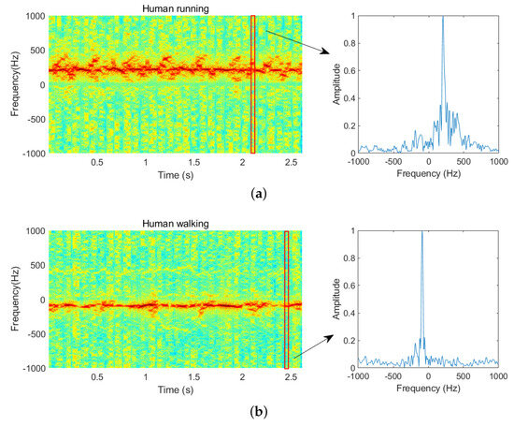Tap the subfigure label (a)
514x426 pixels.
click(256, 193)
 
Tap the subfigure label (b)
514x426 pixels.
click(256, 409)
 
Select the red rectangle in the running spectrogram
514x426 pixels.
click(252, 84)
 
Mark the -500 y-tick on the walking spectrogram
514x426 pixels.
click(36, 334)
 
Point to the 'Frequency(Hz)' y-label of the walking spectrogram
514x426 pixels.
click(16, 300)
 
